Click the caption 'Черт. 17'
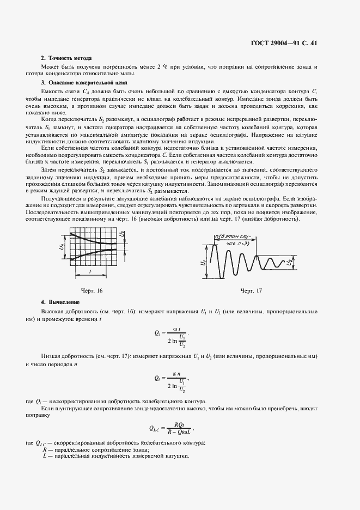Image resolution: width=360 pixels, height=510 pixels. tap(251, 290)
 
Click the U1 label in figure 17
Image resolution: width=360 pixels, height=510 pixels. tap(202, 263)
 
